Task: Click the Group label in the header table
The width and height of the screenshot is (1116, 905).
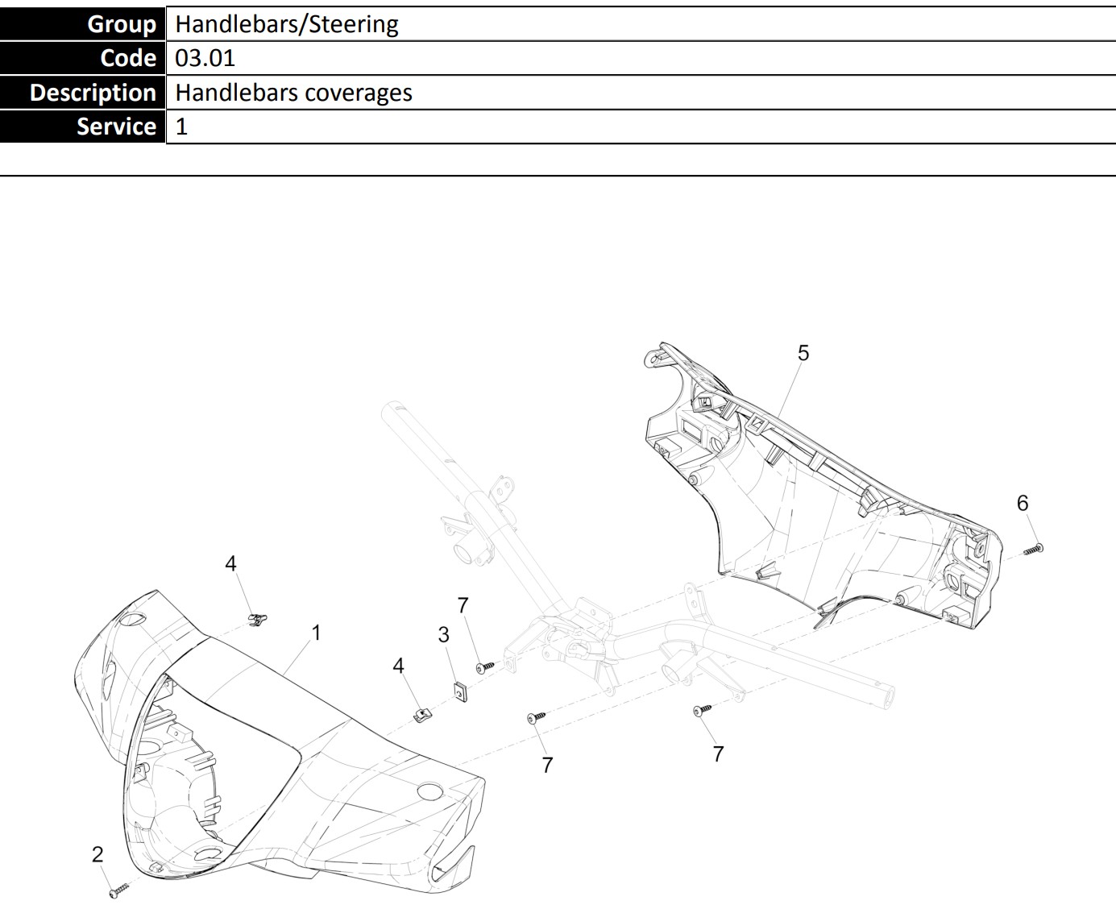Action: coord(122,24)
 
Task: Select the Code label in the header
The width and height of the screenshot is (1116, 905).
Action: coord(128,58)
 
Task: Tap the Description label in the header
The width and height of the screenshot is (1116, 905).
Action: coord(93,93)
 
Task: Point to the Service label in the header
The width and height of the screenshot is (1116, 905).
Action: coord(116,127)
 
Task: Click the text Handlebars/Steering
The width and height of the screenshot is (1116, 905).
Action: coord(287,24)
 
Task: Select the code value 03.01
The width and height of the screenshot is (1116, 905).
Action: coord(205,58)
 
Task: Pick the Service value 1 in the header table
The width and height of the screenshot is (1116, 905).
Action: coord(181,127)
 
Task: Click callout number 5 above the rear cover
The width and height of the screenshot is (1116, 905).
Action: coord(803,353)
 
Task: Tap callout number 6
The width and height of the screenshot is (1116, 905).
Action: coord(1023,503)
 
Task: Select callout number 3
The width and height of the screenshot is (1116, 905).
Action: coord(443,634)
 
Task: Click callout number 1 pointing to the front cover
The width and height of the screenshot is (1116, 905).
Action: coord(316,633)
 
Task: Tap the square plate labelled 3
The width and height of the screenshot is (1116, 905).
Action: coord(460,691)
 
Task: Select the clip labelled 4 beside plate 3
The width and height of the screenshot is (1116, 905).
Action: coord(422,714)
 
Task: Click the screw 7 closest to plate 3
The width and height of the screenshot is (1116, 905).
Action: coord(484,666)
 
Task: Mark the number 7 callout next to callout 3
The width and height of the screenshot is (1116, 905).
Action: coord(463,605)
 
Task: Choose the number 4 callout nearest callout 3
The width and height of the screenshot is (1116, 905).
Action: coord(398,666)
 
